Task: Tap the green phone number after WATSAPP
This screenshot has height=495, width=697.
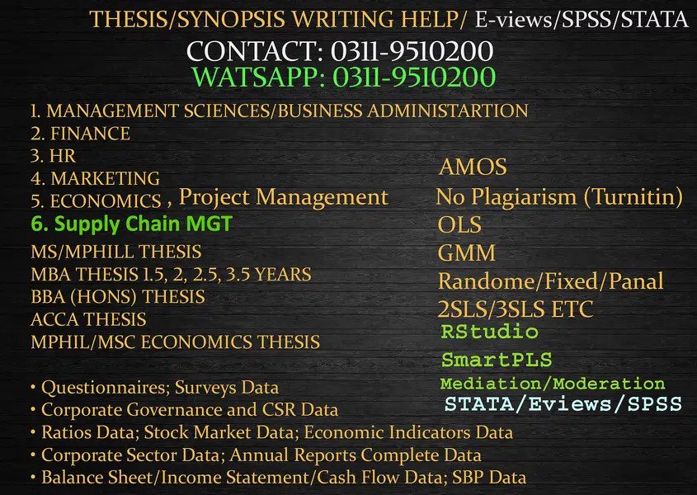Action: tap(413, 78)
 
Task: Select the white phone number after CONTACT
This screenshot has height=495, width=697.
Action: tap(412, 51)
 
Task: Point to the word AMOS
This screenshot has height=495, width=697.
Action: tap(473, 167)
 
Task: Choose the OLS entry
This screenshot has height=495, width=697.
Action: tap(459, 224)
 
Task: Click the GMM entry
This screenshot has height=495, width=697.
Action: tap(467, 252)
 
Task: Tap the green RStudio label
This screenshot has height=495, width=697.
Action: tap(489, 332)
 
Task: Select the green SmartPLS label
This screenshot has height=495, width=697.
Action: tap(497, 360)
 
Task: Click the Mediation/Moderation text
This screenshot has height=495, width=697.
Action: tap(553, 384)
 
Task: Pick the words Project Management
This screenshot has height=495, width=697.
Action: tap(283, 197)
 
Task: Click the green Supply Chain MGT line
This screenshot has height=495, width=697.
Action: tap(132, 224)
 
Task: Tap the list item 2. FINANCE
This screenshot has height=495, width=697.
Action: tap(80, 133)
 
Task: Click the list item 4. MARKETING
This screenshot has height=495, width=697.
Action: tap(95, 177)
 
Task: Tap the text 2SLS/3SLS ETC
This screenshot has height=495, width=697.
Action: tap(516, 309)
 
